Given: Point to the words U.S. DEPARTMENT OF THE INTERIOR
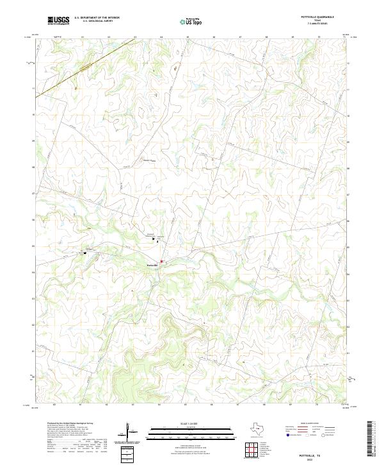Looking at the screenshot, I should coord(97,18).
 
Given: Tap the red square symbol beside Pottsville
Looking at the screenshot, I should coord(162,261).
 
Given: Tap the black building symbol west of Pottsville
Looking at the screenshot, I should coord(85,252).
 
